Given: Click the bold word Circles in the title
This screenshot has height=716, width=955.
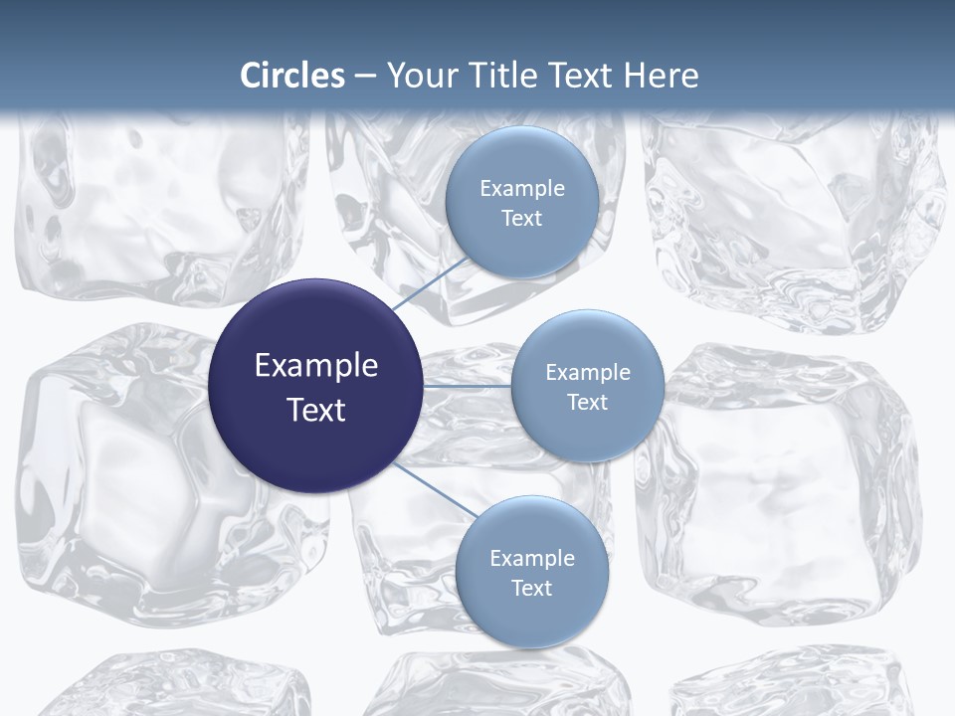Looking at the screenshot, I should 292,76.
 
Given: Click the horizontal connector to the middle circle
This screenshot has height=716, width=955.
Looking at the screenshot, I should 467,386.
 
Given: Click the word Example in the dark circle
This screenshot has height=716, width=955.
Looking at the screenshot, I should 316,366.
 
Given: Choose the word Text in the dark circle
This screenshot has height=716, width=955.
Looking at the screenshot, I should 316,410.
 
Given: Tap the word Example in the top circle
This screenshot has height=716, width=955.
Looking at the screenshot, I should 522,188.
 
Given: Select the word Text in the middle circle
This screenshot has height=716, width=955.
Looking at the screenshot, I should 588,403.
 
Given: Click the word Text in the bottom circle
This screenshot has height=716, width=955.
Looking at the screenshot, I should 531,588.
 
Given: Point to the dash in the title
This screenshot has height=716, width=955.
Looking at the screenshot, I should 364,76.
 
